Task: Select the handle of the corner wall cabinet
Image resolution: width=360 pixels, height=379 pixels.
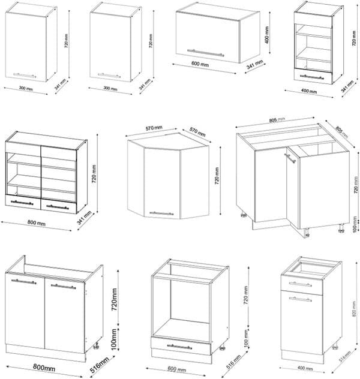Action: [161, 213]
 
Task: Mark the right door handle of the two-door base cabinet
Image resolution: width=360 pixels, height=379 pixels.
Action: [63, 286]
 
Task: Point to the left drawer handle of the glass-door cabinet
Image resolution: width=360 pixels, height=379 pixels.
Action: [22, 203]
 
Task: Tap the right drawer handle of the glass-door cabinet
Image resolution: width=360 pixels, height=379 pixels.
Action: [58, 207]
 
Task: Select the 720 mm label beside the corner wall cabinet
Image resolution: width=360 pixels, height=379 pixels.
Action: [217, 175]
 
